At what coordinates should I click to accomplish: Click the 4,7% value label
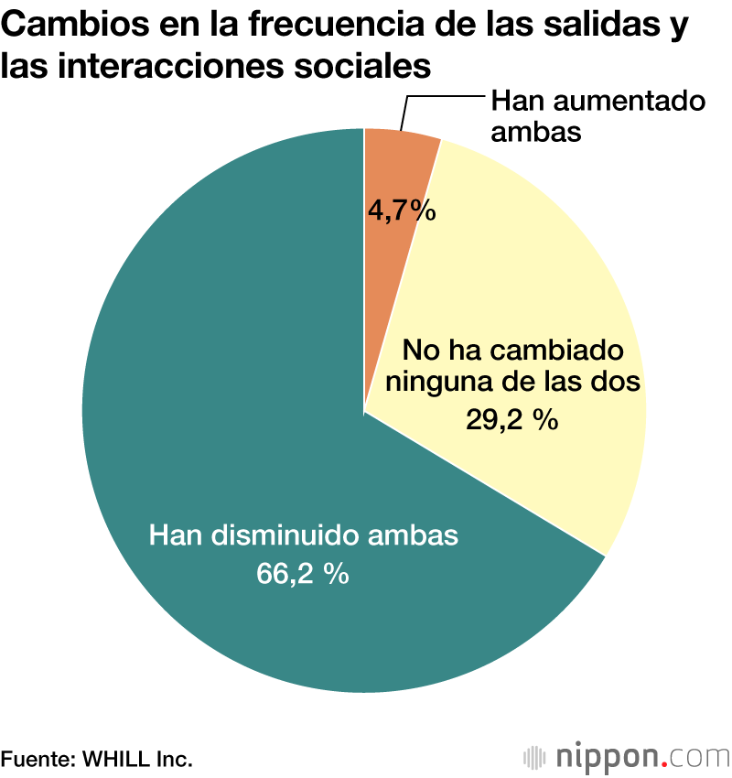click(x=402, y=211)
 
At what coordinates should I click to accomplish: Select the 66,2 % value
click(x=302, y=574)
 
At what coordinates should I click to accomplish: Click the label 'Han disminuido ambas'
click(x=303, y=535)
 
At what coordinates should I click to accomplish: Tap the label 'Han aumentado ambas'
click(x=597, y=115)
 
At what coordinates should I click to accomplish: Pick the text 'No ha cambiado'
click(x=513, y=351)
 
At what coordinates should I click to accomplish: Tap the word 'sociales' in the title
click(x=366, y=67)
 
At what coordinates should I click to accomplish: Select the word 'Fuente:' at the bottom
click(x=38, y=759)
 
